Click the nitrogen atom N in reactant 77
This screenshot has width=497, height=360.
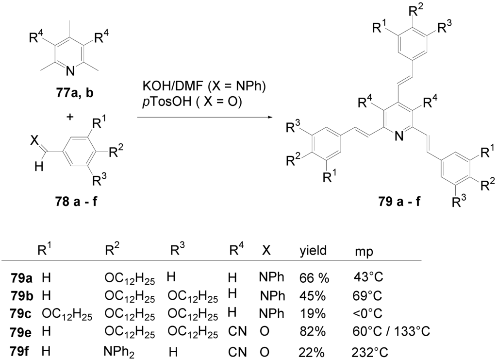click(70, 71)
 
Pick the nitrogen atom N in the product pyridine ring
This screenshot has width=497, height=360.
click(399, 137)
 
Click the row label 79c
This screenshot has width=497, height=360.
click(21, 313)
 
